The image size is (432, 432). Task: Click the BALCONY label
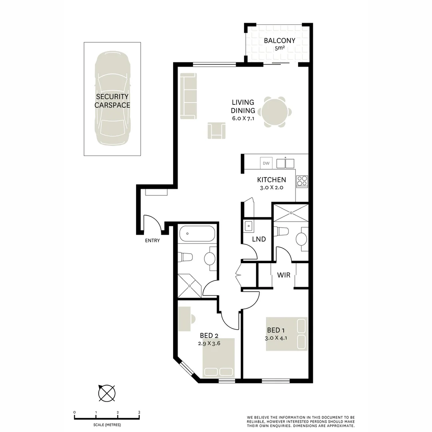pyautogui.click(x=279, y=41)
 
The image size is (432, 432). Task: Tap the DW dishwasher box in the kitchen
pyautogui.click(x=266, y=163)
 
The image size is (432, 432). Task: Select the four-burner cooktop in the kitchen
pyautogui.click(x=302, y=182)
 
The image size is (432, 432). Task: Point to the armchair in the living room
pyautogui.click(x=216, y=130)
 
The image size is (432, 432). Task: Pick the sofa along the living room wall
pyautogui.click(x=189, y=96)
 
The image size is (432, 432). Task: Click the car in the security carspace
pyautogui.click(x=112, y=98)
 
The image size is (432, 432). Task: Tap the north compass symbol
pyautogui.click(x=107, y=393)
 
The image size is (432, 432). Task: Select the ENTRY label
pyautogui.click(x=152, y=240)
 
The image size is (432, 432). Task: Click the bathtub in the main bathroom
pyautogui.click(x=197, y=234)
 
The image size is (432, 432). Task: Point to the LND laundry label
pyautogui.click(x=259, y=239)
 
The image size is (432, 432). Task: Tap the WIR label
pyautogui.click(x=284, y=275)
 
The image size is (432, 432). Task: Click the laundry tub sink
pyautogui.click(x=249, y=226)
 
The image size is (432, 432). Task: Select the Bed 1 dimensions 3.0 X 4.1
pyautogui.click(x=276, y=338)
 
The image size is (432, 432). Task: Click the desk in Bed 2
pyautogui.click(x=184, y=319)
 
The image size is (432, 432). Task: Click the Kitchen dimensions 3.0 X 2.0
pyautogui.click(x=272, y=188)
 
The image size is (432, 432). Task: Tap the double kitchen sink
pyautogui.click(x=286, y=163)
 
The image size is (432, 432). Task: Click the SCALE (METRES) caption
pyautogui.click(x=107, y=425)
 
